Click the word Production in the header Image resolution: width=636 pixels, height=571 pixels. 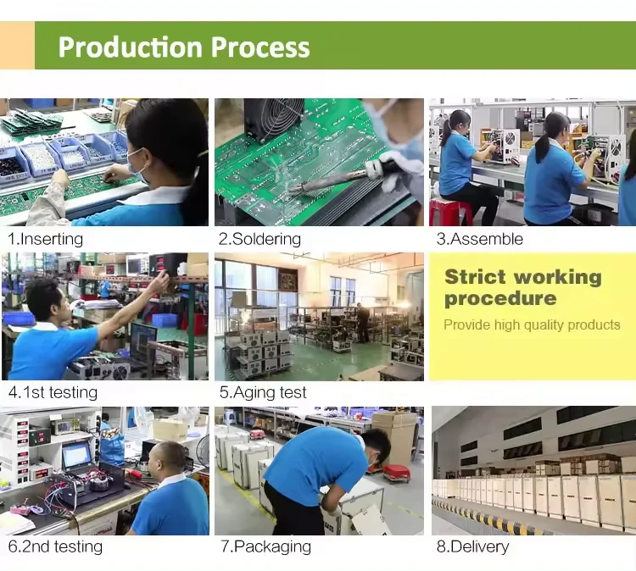(x=131, y=47)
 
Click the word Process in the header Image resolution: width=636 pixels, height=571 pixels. (x=260, y=47)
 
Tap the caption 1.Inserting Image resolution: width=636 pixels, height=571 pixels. (x=46, y=239)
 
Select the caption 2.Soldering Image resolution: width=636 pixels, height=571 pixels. (x=259, y=239)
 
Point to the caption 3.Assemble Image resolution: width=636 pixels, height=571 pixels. (x=479, y=239)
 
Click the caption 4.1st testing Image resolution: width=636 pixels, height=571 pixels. (x=53, y=392)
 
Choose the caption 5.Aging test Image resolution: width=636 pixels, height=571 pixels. (x=263, y=392)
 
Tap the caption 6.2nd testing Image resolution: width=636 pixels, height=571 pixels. (x=55, y=546)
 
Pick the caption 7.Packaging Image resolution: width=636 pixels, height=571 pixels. (x=265, y=546)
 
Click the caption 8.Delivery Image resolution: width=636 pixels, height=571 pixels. (x=472, y=546)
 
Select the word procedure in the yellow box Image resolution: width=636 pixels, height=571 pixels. (x=500, y=299)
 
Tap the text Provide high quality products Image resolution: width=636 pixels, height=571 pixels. (x=532, y=324)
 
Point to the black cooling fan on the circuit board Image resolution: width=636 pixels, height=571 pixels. (x=275, y=119)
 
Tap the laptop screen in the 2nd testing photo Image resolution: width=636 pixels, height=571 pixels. (x=76, y=455)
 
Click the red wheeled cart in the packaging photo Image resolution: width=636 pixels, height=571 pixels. (x=396, y=474)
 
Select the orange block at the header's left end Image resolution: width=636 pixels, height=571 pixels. (x=17, y=46)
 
